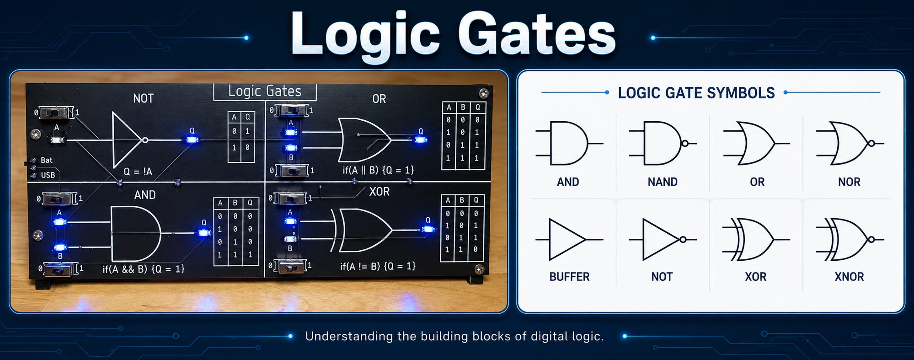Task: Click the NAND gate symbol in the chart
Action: pyautogui.click(x=663, y=143)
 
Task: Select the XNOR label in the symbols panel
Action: pyautogui.click(x=849, y=277)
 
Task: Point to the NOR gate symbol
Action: pyautogui.click(x=850, y=143)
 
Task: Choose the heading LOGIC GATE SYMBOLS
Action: pyautogui.click(x=696, y=93)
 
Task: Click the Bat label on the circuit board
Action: pyautogui.click(x=46, y=160)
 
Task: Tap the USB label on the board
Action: pyautogui.click(x=48, y=175)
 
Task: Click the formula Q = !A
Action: pyautogui.click(x=138, y=172)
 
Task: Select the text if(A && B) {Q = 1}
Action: pyautogui.click(x=144, y=269)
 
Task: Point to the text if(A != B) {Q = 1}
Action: pyautogui.click(x=378, y=266)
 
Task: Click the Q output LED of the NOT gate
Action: pyautogui.click(x=192, y=140)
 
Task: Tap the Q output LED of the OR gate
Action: pyautogui.click(x=421, y=140)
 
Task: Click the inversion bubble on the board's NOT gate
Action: pyautogui.click(x=145, y=140)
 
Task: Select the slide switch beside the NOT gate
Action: pyautogui.click(x=56, y=112)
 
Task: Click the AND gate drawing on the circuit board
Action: pyautogui.click(x=136, y=234)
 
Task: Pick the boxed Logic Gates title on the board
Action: pyautogui.click(x=265, y=91)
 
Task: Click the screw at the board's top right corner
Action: pyautogui.click(x=483, y=94)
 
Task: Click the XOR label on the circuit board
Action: pyautogui.click(x=379, y=192)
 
